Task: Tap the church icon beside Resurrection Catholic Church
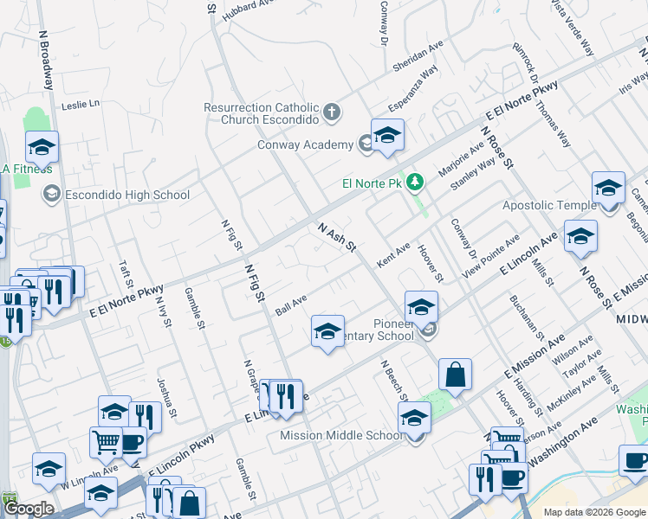click(331, 112)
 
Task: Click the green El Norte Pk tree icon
click(416, 183)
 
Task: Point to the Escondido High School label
click(127, 195)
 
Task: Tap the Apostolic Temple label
click(549, 205)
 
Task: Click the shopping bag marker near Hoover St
click(455, 375)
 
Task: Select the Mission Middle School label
click(341, 435)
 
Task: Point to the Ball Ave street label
click(291, 304)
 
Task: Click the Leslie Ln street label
click(81, 105)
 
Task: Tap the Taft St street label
click(126, 277)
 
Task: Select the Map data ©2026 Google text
click(594, 512)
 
